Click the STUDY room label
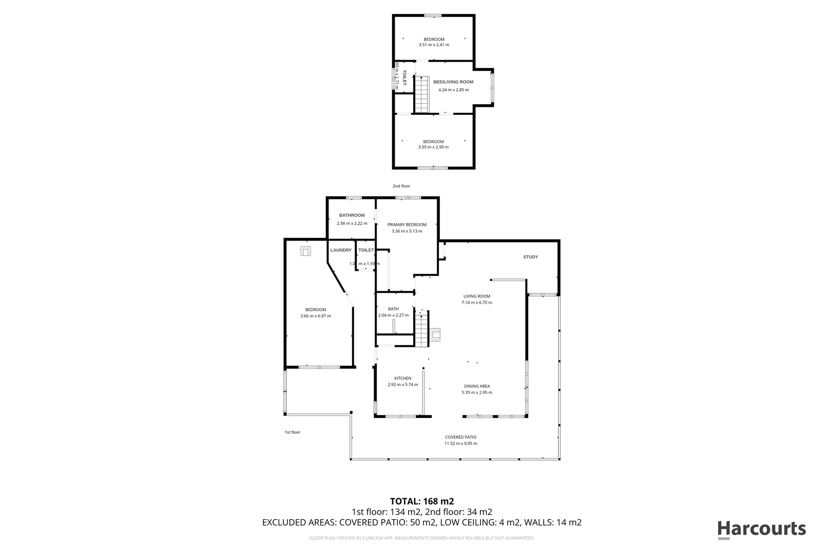530,257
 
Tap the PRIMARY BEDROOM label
407,225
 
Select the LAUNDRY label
341,250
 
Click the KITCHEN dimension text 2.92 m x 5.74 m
402,385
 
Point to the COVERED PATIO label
460,438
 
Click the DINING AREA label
477,386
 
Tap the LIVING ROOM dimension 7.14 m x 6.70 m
477,303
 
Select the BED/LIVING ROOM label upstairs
453,82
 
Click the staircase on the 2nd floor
421,94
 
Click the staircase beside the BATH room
421,331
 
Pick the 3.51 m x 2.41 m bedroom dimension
434,45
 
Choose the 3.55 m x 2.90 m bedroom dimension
433,147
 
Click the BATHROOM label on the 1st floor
352,215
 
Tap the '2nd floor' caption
401,186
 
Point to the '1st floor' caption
292,432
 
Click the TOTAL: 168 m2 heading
422,501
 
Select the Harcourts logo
761,529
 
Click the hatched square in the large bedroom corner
305,251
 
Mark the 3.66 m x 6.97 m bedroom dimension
316,316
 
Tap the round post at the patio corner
351,412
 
